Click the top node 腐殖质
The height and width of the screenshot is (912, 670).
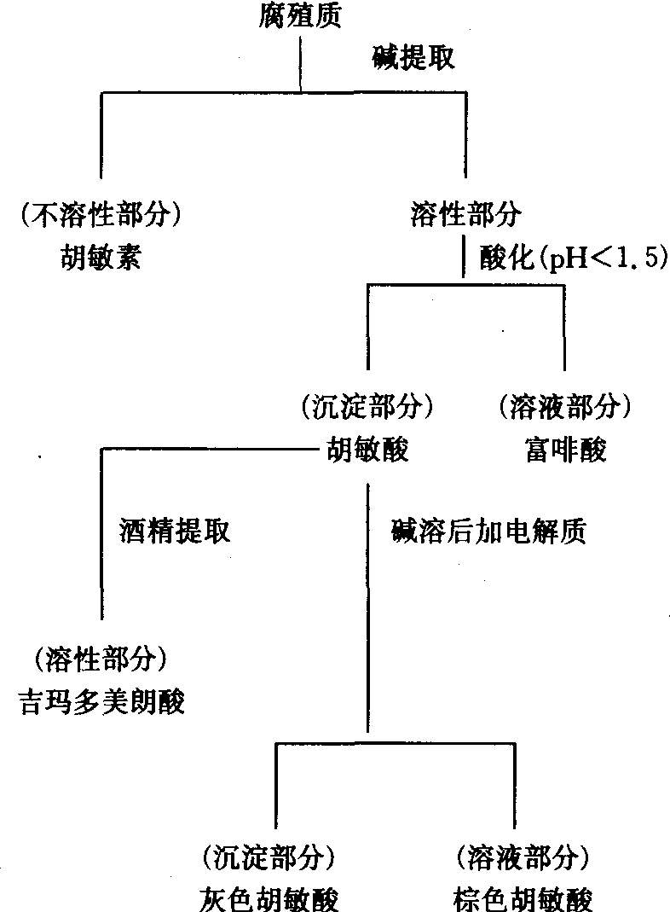[300, 14]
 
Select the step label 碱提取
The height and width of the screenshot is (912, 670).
[413, 58]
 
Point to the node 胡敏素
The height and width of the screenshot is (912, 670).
[100, 257]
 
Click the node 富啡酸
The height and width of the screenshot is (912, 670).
[565, 449]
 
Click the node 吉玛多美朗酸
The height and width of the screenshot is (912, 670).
[101, 703]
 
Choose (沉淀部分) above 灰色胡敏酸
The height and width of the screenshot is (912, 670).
[267, 856]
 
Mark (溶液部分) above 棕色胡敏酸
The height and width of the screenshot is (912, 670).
[522, 856]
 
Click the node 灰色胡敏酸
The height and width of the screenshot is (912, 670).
[267, 897]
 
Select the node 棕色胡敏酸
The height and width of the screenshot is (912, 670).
[522, 897]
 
